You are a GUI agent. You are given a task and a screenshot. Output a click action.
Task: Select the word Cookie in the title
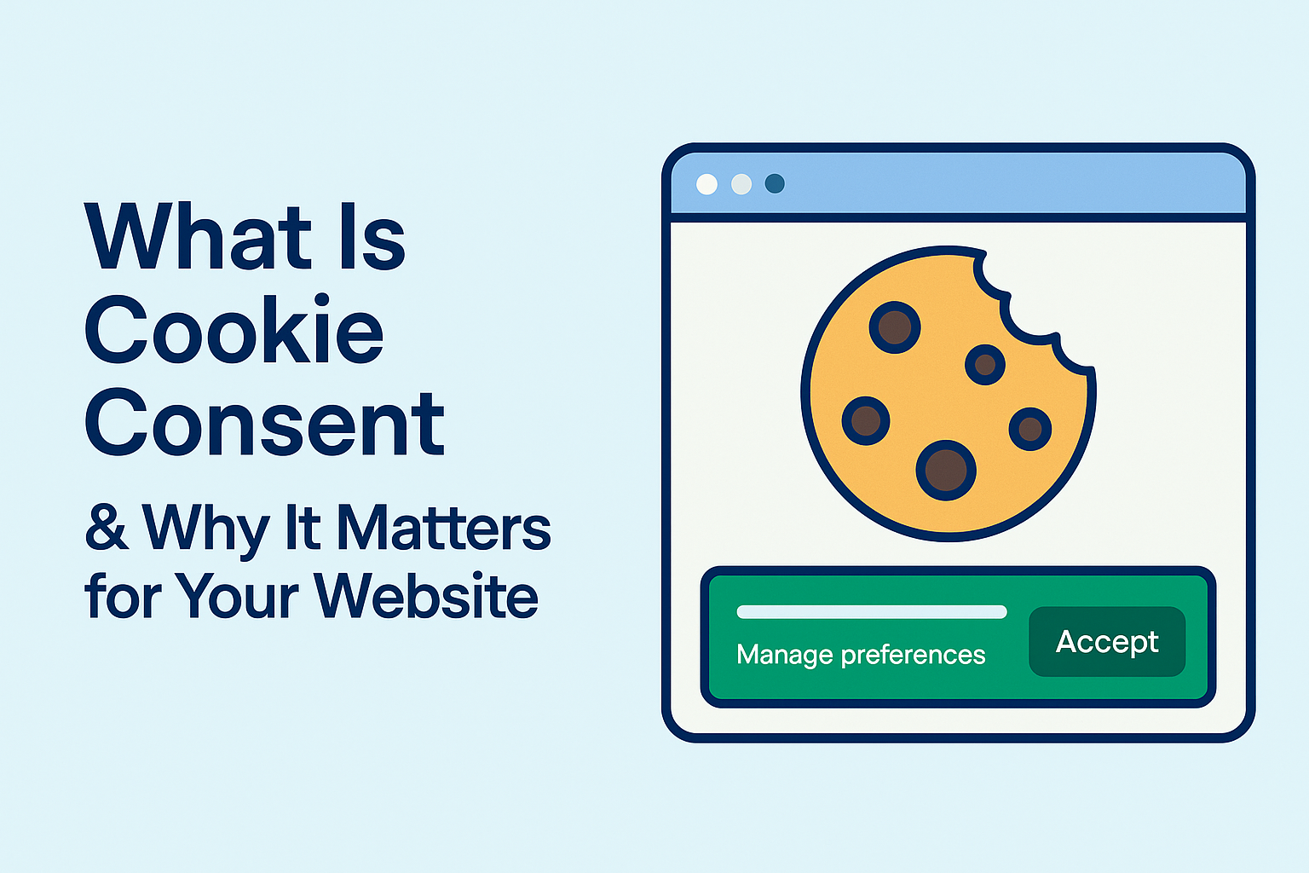click(234, 328)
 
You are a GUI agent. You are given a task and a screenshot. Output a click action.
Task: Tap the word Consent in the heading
click(265, 421)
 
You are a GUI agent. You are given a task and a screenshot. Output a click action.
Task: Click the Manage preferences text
click(861, 654)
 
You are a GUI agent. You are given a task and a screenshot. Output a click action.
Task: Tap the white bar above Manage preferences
click(872, 611)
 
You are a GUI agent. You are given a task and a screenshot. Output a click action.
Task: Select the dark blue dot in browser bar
click(775, 183)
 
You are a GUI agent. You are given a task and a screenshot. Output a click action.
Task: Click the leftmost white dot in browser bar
click(707, 184)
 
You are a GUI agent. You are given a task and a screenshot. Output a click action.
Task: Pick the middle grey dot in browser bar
click(741, 184)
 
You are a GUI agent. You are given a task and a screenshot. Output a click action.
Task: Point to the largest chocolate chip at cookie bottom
click(945, 470)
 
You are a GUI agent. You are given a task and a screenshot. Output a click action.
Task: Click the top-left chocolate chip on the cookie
click(895, 327)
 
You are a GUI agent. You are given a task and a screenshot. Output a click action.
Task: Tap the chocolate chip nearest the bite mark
click(985, 365)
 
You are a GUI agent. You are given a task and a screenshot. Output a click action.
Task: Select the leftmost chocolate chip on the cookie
click(866, 420)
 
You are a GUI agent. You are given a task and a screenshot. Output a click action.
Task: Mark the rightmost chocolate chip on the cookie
click(1030, 429)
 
